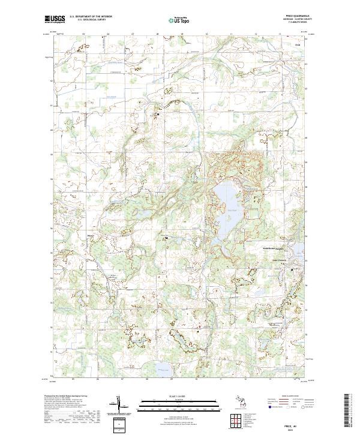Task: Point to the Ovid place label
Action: [296, 44]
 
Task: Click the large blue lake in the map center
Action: [226, 207]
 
